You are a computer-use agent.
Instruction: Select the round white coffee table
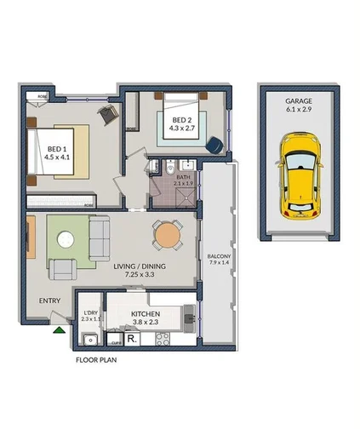click(65, 241)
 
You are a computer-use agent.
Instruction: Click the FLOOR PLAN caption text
click(95, 360)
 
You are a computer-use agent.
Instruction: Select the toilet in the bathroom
click(169, 167)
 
